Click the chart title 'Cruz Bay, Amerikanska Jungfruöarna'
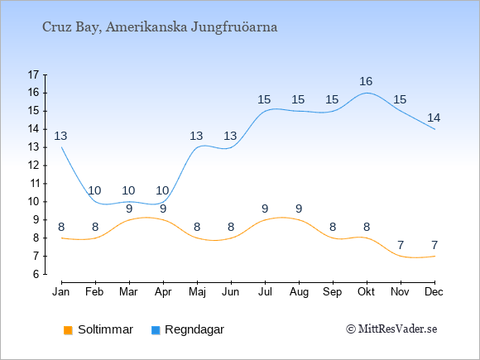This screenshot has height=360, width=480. (160, 27)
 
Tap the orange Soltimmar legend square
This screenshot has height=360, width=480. (68, 330)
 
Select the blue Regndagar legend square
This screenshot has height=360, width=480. (156, 330)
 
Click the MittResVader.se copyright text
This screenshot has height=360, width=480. (391, 329)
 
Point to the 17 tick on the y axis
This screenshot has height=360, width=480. (33, 74)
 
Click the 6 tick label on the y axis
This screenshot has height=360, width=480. (36, 274)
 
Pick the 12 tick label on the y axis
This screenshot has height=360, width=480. (33, 166)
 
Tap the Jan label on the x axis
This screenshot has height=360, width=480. (61, 292)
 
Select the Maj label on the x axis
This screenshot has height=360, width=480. (197, 292)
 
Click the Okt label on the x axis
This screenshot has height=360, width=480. (366, 292)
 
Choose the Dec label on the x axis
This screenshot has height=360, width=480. (434, 292)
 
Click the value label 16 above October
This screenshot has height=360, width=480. (366, 81)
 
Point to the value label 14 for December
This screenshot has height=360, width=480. (434, 118)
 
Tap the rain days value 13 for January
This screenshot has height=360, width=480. (60, 136)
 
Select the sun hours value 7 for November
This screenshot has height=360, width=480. (401, 245)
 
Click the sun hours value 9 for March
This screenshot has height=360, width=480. (129, 209)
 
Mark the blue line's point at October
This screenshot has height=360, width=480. (367, 93)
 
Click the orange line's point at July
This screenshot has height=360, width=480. (265, 220)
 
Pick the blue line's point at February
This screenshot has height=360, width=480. (95, 202)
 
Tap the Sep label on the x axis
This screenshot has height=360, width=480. (332, 292)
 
